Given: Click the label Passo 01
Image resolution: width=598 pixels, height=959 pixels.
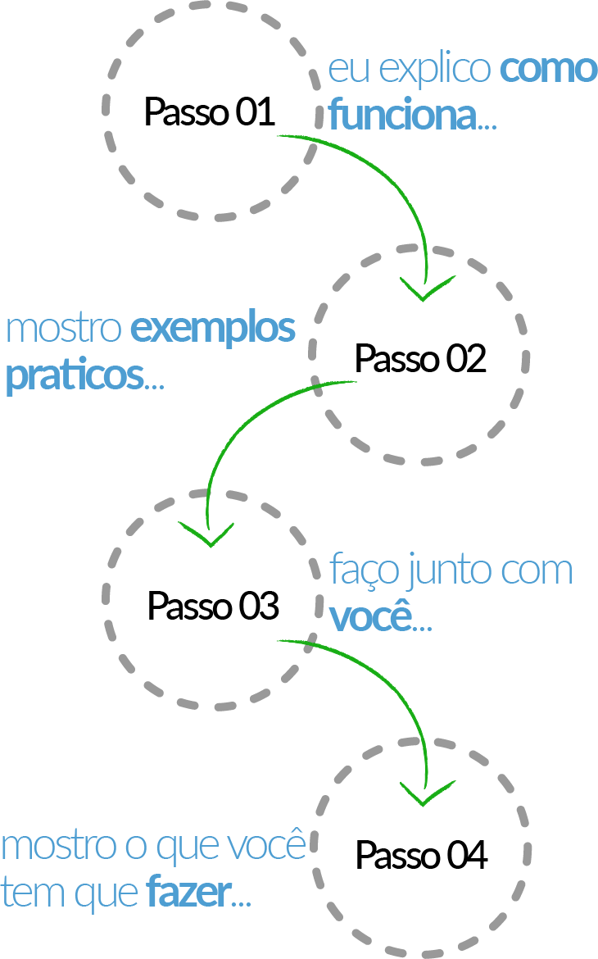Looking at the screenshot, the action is [x=209, y=111].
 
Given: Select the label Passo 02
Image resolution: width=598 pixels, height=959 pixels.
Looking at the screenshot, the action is [x=421, y=358].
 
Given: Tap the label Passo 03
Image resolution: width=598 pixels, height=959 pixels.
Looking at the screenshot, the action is [x=214, y=606].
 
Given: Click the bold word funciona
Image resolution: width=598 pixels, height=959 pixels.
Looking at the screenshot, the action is [x=403, y=115].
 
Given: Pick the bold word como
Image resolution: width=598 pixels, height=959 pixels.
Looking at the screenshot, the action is [x=549, y=70].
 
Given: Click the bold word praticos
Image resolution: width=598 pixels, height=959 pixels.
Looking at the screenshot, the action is [x=75, y=376].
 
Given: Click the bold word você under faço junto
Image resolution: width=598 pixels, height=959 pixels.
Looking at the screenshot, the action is [x=371, y=616].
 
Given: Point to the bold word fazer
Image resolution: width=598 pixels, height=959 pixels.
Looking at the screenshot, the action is [x=189, y=893].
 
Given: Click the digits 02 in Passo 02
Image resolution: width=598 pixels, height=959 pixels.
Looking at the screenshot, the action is [x=466, y=358].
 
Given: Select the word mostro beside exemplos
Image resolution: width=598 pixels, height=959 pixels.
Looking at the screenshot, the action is [x=64, y=329].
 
